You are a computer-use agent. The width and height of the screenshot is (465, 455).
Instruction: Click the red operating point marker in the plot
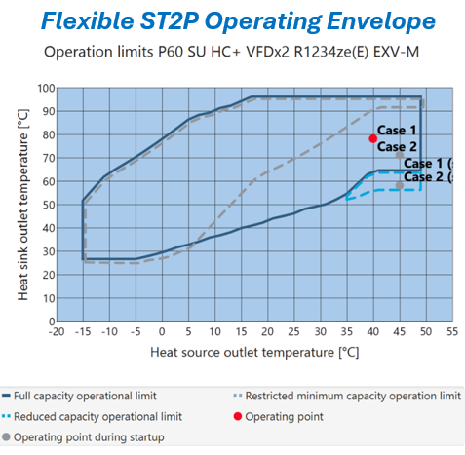pyautogui.click(x=372, y=138)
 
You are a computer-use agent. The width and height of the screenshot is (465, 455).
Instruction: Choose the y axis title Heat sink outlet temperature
pyautogui.click(x=22, y=206)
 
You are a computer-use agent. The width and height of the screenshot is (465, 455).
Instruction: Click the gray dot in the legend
pyautogui.click(x=10, y=436)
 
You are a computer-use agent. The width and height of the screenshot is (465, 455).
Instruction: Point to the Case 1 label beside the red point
pyautogui.click(x=397, y=130)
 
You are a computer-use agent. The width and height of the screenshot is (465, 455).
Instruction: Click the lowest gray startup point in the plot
pyautogui.click(x=399, y=185)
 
